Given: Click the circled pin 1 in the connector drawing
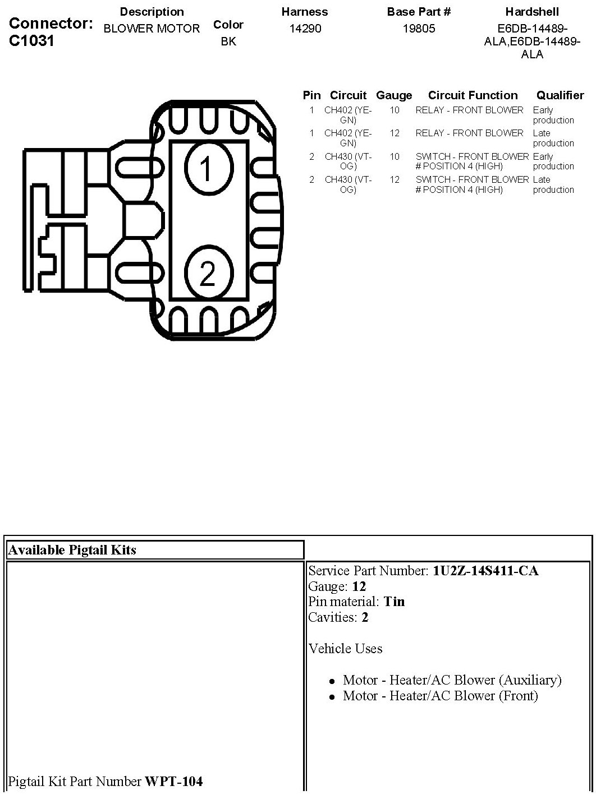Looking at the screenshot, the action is click(x=205, y=168).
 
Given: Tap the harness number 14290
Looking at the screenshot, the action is click(x=305, y=29).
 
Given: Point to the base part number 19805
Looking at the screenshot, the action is click(x=419, y=29).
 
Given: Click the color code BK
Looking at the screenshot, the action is click(x=228, y=41).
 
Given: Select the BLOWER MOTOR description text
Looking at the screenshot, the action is click(x=152, y=29).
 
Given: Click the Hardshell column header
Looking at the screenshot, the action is click(x=532, y=12).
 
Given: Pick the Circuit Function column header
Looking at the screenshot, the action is click(x=473, y=95).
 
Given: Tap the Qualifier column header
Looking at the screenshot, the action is click(x=560, y=95).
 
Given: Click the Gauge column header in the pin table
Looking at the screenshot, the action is click(x=394, y=95).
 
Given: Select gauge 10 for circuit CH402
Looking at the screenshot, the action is click(x=395, y=110).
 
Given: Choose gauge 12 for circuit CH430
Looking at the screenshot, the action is click(x=395, y=180).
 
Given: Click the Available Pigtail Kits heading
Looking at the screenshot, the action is click(x=72, y=550).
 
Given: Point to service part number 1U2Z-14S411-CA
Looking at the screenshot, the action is click(x=485, y=571).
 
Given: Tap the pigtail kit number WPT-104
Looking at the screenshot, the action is click(x=174, y=781).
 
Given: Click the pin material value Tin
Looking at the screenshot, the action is click(x=394, y=602).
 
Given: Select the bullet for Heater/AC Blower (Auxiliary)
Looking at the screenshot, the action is click(x=332, y=681).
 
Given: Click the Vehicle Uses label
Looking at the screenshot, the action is click(x=345, y=649).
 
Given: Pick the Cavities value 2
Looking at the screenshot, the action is click(x=365, y=618).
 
